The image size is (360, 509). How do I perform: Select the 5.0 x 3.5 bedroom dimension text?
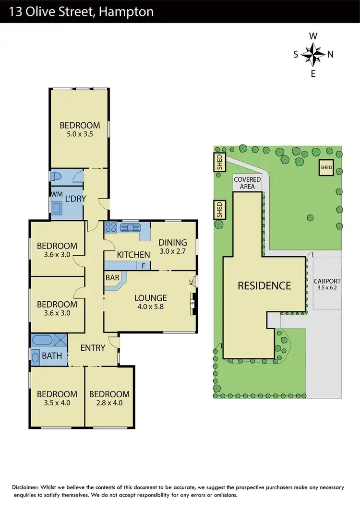pos(80,134)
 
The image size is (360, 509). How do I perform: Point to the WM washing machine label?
pos(56,193)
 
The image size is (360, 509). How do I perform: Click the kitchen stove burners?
pos(111,227)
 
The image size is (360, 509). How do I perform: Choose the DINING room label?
pos(172,243)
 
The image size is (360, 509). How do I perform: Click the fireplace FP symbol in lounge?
pos(192,304)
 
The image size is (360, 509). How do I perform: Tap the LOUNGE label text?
pos(150,297)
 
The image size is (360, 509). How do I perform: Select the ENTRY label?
pos(93,348)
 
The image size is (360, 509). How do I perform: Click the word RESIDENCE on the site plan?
pos(264,286)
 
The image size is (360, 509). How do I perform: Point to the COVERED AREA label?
pos(247,183)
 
